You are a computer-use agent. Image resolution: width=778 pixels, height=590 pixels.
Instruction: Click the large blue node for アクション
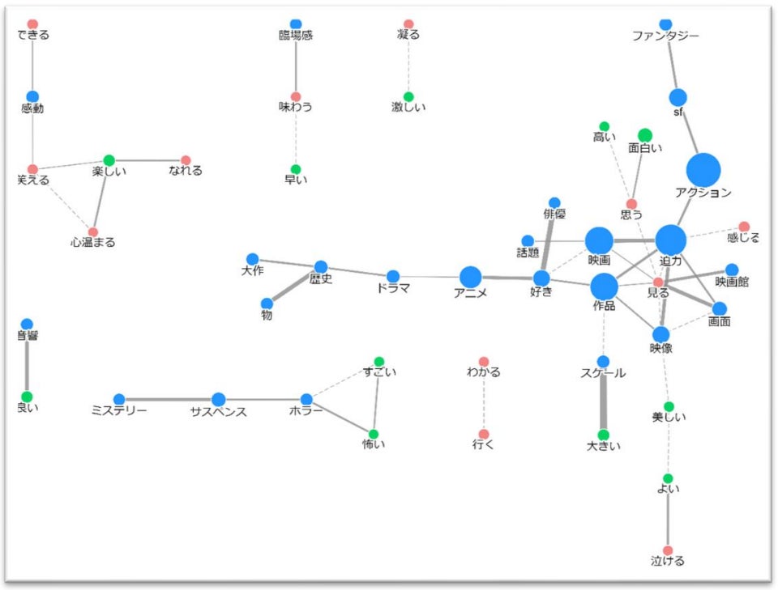tap(703, 170)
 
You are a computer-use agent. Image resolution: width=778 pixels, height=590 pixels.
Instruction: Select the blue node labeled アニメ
tap(470, 277)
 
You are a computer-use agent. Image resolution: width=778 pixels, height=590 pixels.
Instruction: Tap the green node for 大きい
tap(603, 435)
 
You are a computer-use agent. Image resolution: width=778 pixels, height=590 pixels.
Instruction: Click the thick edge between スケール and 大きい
tap(603, 398)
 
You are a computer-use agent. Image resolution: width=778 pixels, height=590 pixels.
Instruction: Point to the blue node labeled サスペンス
tap(218, 399)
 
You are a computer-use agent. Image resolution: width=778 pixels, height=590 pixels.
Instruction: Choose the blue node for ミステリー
tap(119, 399)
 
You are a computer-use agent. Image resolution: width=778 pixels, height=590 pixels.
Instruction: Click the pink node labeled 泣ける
tap(668, 550)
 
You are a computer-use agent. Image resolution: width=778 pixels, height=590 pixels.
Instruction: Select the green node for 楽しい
tap(109, 160)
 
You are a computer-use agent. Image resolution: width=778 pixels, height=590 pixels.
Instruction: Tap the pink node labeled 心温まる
tap(93, 232)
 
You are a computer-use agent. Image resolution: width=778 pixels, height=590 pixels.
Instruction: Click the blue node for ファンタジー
tap(665, 24)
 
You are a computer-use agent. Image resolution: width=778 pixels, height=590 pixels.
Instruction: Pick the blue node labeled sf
tap(678, 97)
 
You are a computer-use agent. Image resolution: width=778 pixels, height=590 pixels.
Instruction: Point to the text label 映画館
tap(732, 282)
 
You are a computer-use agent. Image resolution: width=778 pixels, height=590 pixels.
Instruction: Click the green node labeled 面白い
tap(645, 135)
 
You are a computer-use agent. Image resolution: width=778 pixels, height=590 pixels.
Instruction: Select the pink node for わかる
tap(484, 362)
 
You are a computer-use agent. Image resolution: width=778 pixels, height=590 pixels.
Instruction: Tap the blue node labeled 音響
tap(27, 325)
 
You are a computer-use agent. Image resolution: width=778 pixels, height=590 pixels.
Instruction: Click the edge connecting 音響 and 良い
tap(27, 361)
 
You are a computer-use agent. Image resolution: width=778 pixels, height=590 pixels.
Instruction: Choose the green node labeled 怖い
tap(374, 434)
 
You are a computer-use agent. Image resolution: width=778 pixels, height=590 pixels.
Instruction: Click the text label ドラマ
tap(393, 289)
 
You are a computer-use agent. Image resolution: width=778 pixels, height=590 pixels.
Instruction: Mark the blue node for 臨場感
tap(296, 24)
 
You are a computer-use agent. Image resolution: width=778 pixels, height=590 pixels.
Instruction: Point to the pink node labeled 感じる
tap(744, 227)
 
